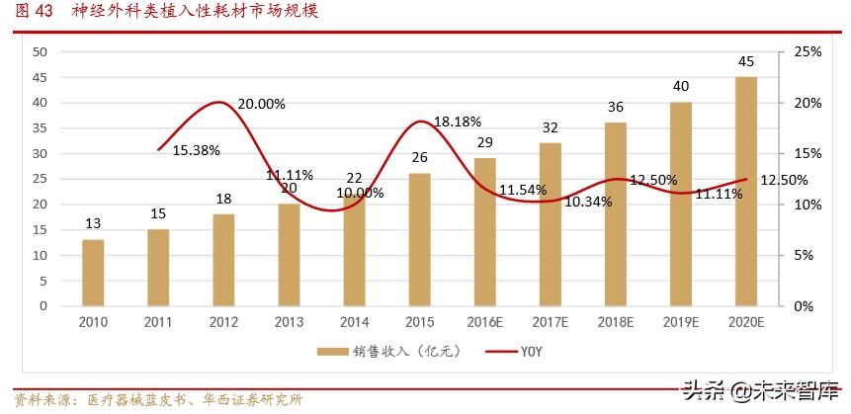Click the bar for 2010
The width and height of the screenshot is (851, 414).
point(93,273)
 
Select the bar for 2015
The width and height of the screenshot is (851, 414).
point(420,239)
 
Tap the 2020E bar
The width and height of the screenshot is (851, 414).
point(747,192)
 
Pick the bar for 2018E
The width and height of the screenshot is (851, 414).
point(616,214)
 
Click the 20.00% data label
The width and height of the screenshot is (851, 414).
point(262,104)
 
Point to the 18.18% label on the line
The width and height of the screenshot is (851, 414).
point(458,122)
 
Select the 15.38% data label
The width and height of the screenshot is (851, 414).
point(196,150)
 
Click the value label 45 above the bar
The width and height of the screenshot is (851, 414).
point(747,62)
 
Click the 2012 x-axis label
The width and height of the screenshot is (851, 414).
point(223,322)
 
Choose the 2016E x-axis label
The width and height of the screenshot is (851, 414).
point(485,322)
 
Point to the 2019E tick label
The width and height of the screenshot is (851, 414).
point(682,322)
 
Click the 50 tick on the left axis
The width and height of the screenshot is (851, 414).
point(41,51)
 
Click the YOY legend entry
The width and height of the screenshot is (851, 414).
point(514,351)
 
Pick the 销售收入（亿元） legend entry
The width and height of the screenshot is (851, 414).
point(371,351)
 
